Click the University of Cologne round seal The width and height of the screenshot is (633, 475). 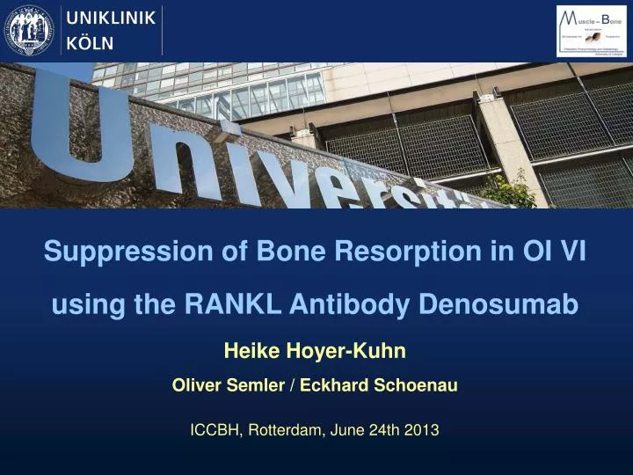tap(30, 31)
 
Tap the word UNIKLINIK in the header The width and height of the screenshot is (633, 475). tap(112, 18)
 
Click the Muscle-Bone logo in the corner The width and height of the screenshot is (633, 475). tap(591, 31)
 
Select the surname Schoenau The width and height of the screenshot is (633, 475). tap(417, 385)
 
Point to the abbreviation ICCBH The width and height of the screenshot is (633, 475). tap(216, 430)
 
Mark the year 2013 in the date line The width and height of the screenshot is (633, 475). tap(422, 430)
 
